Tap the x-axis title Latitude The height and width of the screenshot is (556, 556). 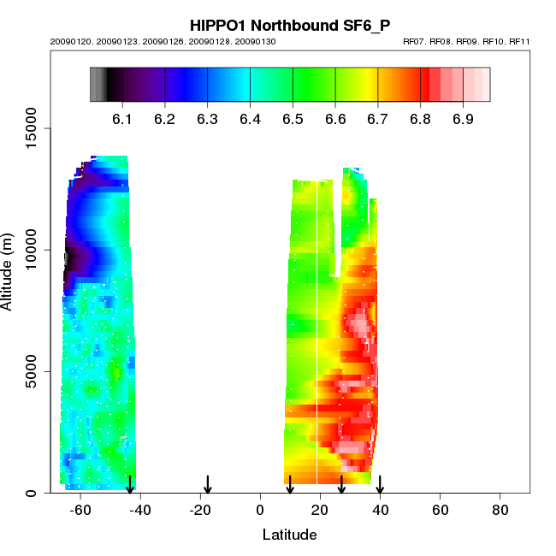pyautogui.click(x=289, y=535)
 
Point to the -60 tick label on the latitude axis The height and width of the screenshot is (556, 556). pyautogui.click(x=80, y=510)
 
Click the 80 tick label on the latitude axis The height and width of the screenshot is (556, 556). pyautogui.click(x=500, y=510)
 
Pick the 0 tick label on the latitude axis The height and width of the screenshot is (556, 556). pyautogui.click(x=260, y=510)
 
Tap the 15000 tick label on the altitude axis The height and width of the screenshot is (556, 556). pyautogui.click(x=33, y=129)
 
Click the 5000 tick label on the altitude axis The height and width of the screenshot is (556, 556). pyautogui.click(x=33, y=371)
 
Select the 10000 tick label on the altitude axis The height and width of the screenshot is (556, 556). pyautogui.click(x=33, y=250)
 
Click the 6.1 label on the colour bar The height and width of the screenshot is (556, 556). pyautogui.click(x=122, y=118)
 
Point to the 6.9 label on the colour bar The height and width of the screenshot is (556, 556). pyautogui.click(x=463, y=118)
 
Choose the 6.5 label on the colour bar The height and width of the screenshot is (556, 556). pyautogui.click(x=293, y=118)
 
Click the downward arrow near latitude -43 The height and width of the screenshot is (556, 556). pyautogui.click(x=130, y=484)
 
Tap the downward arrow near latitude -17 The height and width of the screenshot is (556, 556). pyautogui.click(x=208, y=484)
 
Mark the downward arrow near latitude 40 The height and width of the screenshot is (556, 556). pyautogui.click(x=380, y=484)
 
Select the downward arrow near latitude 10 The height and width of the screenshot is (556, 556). pyautogui.click(x=290, y=484)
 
